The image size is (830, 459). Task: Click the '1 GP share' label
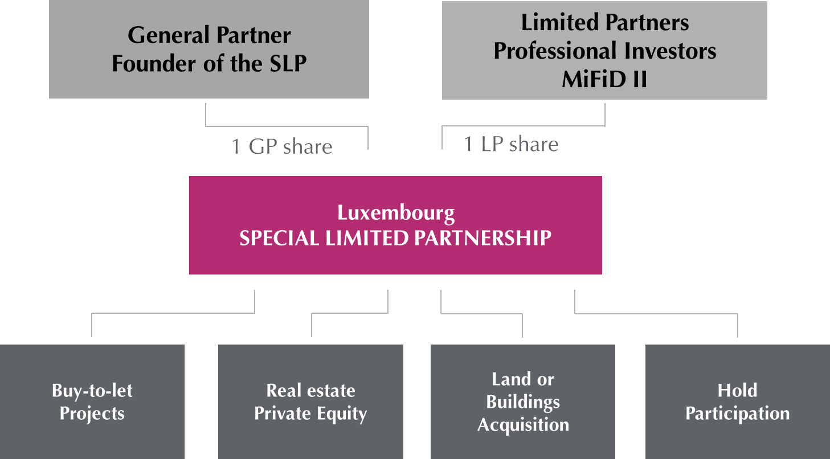[281, 147]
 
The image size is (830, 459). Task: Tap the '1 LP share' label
[511, 144]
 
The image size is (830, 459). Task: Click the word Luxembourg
[396, 213]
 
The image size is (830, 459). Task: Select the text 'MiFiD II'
[604, 79]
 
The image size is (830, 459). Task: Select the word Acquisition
[523, 425]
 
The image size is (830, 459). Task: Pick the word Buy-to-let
[92, 391]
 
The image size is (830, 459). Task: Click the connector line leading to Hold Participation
[655, 313]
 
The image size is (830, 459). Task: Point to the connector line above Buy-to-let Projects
[171, 313]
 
